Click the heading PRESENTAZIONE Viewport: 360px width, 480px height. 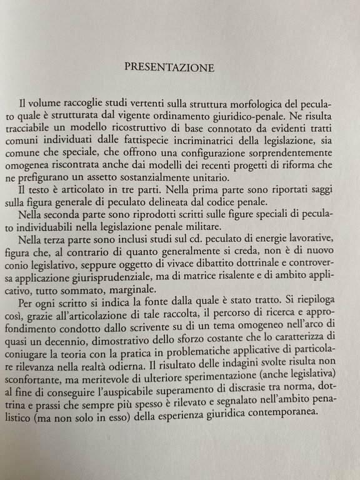coord(169,66)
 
